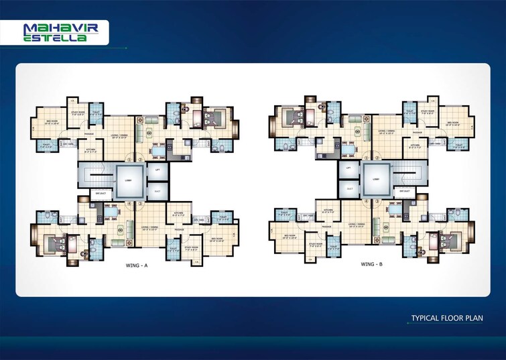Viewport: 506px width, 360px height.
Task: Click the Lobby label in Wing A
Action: pos(128,180)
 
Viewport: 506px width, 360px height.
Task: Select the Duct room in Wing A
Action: pos(157,191)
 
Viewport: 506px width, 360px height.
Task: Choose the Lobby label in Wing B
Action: pos(375,180)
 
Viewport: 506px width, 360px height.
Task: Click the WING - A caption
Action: pos(136,266)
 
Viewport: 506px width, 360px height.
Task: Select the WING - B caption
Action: pos(371,266)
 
